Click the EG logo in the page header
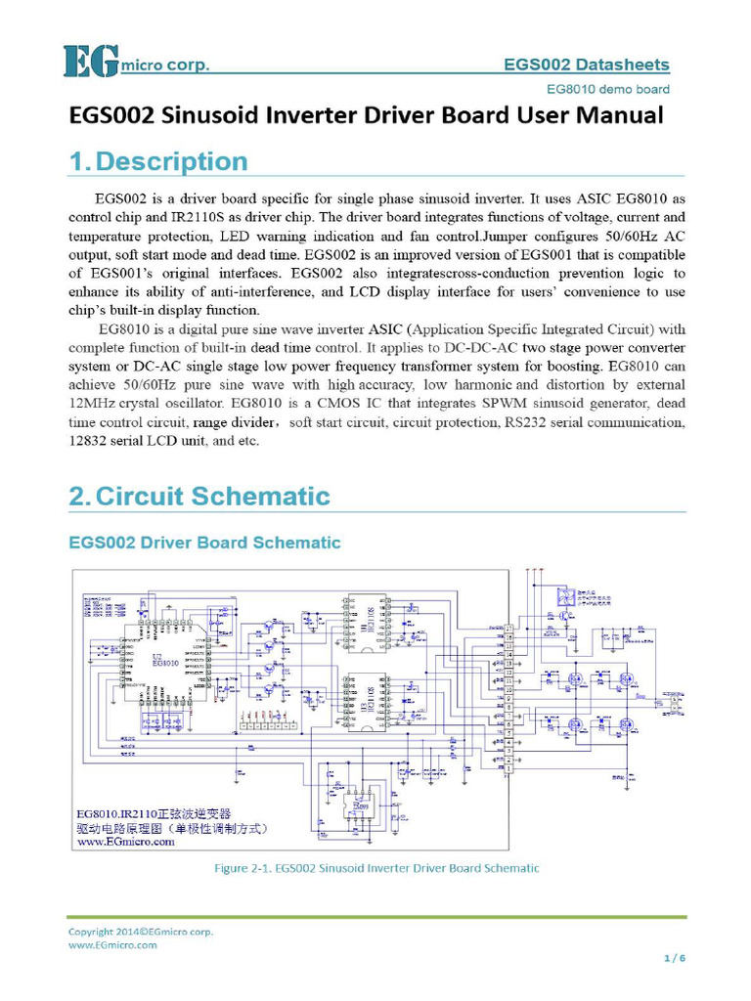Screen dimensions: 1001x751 pos(91,62)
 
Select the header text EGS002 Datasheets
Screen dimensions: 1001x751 pos(587,65)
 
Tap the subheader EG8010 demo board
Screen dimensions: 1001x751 pos(608,89)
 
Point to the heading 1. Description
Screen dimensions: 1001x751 pos(157,161)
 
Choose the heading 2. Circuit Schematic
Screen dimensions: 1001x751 pos(199,496)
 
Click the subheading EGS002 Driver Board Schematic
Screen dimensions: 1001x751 pos(204,542)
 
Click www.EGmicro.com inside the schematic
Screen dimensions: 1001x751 pos(126,842)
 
